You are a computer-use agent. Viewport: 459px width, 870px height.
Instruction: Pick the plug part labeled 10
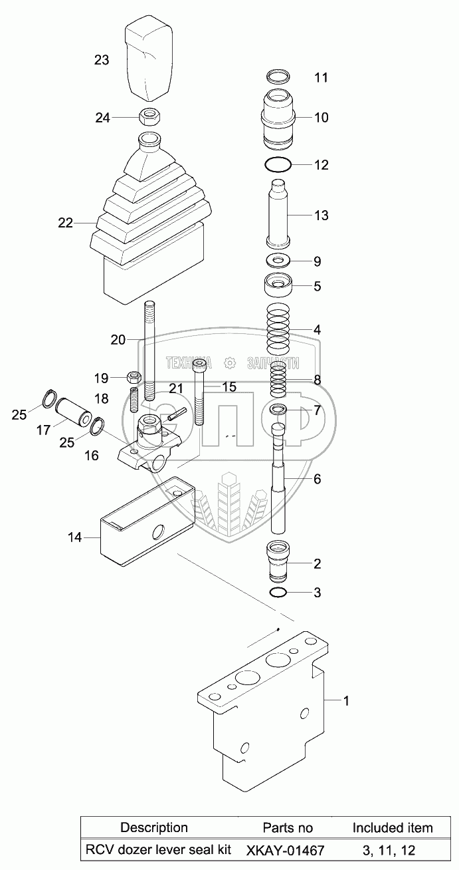click(x=279, y=117)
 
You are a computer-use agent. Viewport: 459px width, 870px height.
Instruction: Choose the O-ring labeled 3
click(x=279, y=592)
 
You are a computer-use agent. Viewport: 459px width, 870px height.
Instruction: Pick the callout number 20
click(x=118, y=340)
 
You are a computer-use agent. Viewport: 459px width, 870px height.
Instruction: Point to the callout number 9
click(x=317, y=261)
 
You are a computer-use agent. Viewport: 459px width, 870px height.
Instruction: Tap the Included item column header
click(x=392, y=828)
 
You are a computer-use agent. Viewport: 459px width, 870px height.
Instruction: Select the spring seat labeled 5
click(x=278, y=287)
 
